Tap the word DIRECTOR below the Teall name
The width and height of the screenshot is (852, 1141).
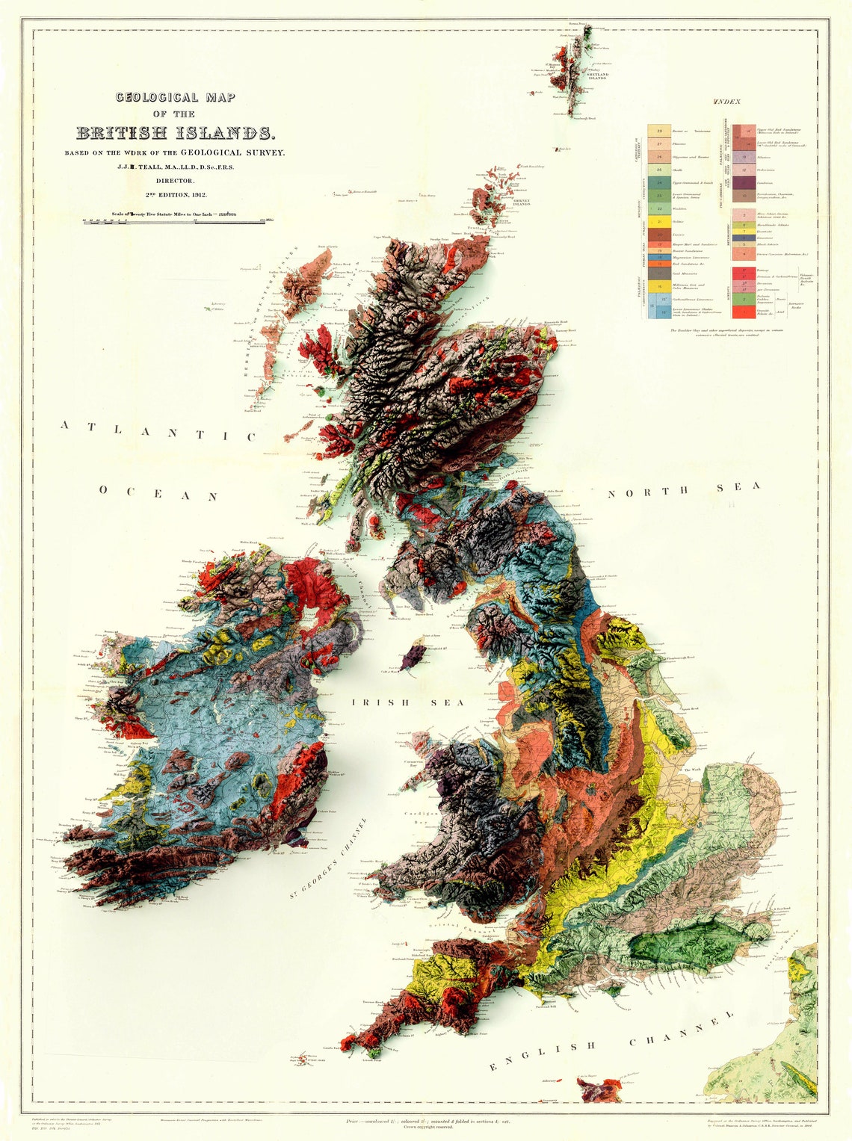point(175,181)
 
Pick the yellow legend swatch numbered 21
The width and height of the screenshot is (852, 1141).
point(658,222)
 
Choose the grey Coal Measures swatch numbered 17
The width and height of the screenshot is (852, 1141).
point(658,273)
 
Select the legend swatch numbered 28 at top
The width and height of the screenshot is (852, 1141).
point(658,131)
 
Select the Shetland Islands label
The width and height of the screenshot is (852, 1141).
point(597,75)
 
